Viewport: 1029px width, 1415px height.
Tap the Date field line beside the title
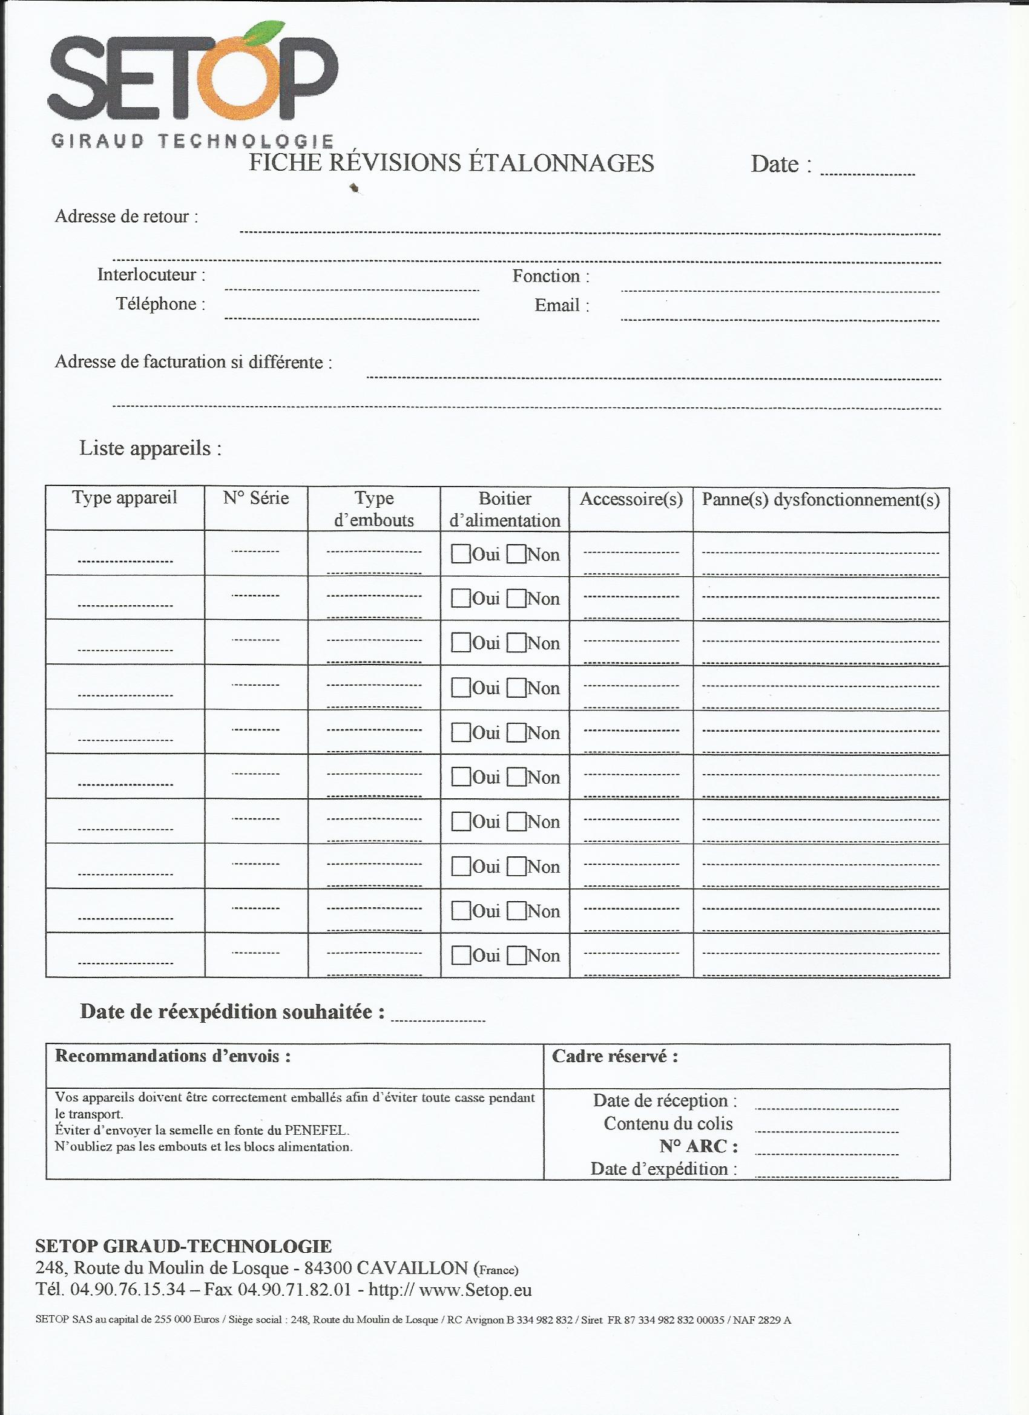[867, 174]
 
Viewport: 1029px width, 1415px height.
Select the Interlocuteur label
[151, 275]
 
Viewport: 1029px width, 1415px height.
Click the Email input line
[780, 319]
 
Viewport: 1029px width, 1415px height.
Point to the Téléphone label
[160, 304]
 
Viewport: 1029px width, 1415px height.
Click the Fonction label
[550, 276]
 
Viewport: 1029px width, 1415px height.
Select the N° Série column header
[256, 498]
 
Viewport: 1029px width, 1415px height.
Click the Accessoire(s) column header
[631, 499]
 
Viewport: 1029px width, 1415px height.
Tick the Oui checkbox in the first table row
[461, 554]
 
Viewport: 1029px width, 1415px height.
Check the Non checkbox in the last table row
[516, 956]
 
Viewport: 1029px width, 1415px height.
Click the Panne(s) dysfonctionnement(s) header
[821, 500]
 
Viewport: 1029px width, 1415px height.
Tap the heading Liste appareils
[150, 448]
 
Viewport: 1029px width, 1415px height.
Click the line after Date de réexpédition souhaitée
[438, 1020]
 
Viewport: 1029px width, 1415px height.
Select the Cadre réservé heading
[614, 1056]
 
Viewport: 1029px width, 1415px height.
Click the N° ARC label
[699, 1146]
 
